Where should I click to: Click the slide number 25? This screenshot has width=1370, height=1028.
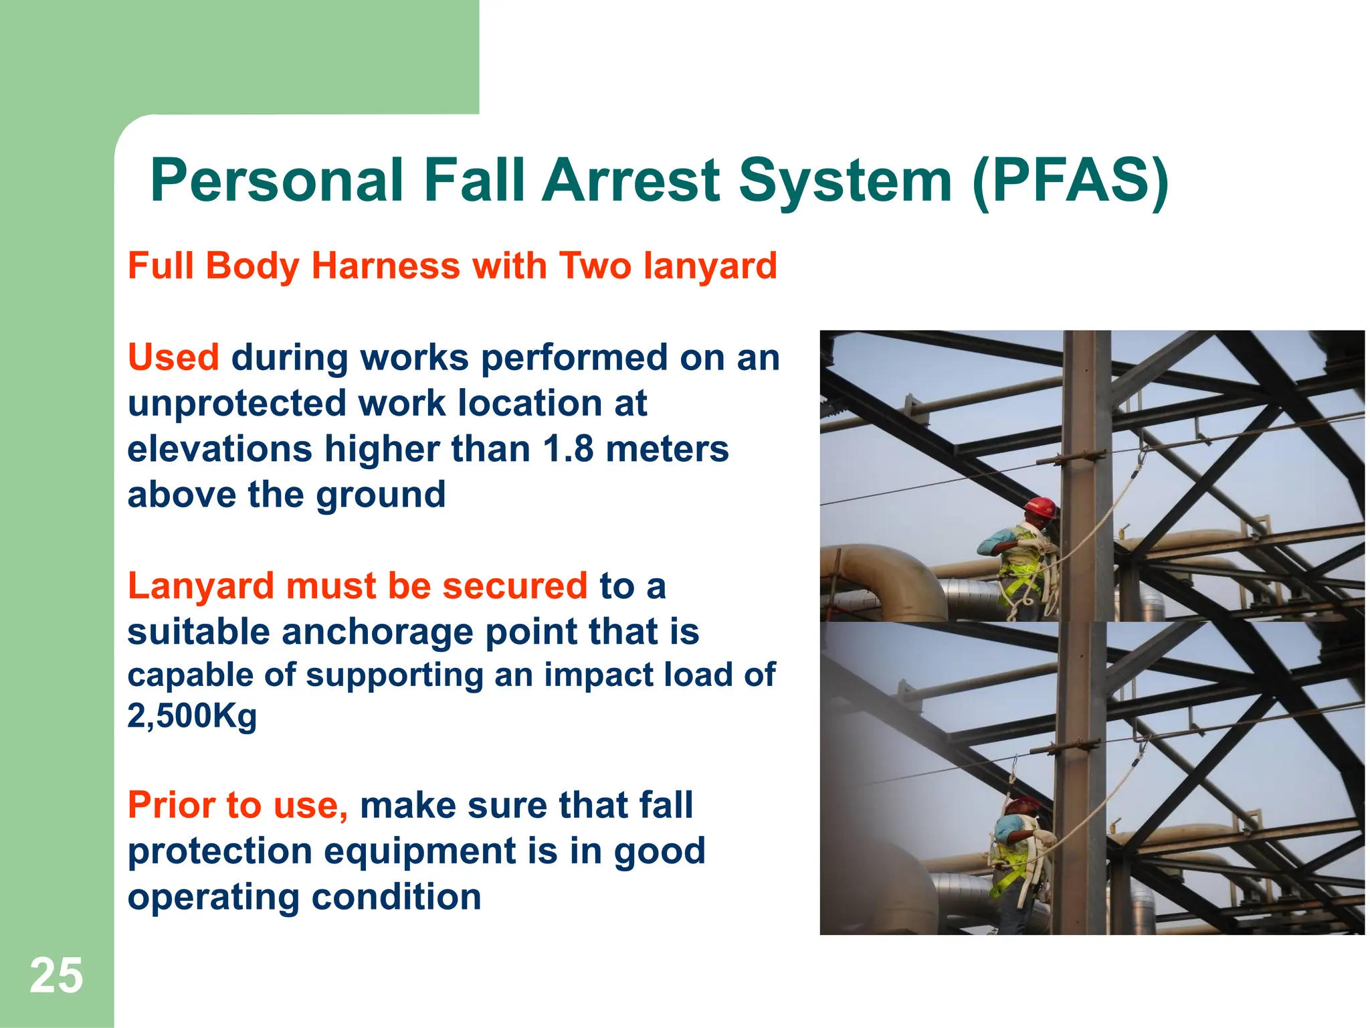pyautogui.click(x=56, y=976)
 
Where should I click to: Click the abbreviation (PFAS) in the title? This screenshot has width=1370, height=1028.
pyautogui.click(x=1070, y=181)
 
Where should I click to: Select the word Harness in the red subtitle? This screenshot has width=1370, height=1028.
pyautogui.click(x=385, y=266)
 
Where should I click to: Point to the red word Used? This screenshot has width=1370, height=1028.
pyautogui.click(x=173, y=357)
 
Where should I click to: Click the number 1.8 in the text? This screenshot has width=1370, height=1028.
pyautogui.click(x=568, y=448)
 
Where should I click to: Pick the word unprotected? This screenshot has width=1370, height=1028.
pyautogui.click(x=236, y=404)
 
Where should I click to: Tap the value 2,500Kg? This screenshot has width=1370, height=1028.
pyautogui.click(x=192, y=717)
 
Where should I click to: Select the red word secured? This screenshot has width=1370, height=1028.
pyautogui.click(x=514, y=586)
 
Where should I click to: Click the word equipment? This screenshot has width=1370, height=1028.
pyautogui.click(x=420, y=851)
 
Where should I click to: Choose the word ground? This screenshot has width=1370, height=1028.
pyautogui.click(x=380, y=495)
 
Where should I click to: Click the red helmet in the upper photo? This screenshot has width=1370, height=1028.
pyautogui.click(x=1041, y=507)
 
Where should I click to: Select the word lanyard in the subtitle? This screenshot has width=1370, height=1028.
pyautogui.click(x=710, y=266)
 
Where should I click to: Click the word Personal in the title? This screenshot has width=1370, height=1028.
pyautogui.click(x=277, y=181)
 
